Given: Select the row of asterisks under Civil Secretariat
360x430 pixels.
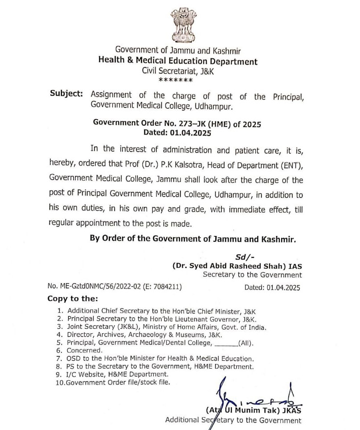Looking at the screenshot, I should coord(176,80).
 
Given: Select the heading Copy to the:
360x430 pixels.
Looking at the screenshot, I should coord(72,298).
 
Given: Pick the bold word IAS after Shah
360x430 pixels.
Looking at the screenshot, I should coord(294,265).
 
